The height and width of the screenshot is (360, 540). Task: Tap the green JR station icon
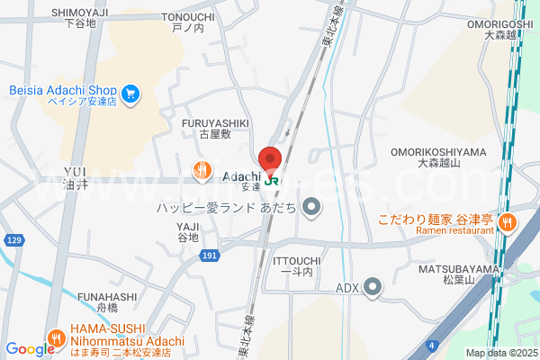pyautogui.click(x=271, y=178)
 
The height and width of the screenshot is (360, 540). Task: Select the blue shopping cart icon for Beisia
pyautogui.click(x=131, y=91)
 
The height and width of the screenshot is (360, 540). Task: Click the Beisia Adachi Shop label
pyautogui.click(x=64, y=91)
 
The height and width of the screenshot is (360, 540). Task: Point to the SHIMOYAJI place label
pyautogui.click(x=79, y=13)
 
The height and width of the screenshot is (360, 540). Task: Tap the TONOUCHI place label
pyautogui.click(x=188, y=17)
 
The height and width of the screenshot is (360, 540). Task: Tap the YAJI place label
pyautogui.click(x=187, y=227)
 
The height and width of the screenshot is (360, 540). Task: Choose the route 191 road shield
pyautogui.click(x=210, y=256)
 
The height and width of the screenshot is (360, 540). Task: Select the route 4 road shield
pyautogui.click(x=434, y=344)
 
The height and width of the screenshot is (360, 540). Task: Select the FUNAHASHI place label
pyautogui.click(x=107, y=297)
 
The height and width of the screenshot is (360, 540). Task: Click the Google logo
pyautogui.click(x=30, y=349)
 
